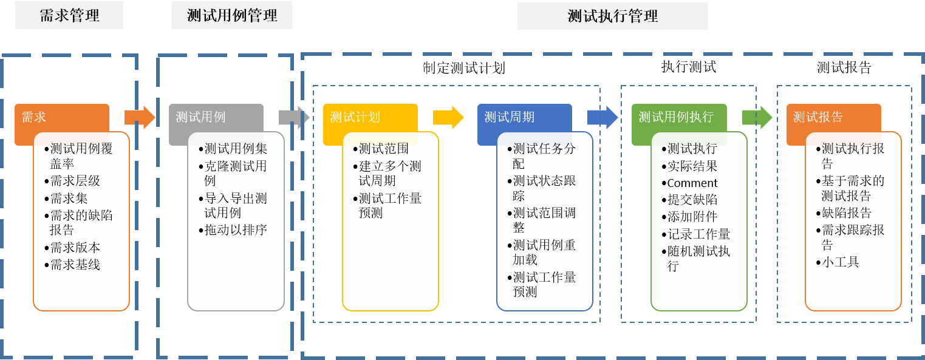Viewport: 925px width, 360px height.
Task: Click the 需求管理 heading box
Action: pyautogui.click(x=69, y=16)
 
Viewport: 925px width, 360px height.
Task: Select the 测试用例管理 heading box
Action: pyautogui.click(x=232, y=16)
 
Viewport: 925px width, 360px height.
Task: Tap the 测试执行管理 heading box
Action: pyautogui.click(x=612, y=16)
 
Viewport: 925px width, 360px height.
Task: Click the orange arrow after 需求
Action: pyautogui.click(x=140, y=117)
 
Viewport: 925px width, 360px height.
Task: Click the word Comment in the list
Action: pyautogui.click(x=692, y=183)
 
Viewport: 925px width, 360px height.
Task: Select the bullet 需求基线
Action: pyautogui.click(x=75, y=265)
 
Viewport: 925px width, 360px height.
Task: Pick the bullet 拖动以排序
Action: pyautogui.click(x=236, y=230)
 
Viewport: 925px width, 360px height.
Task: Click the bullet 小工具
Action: pyautogui.click(x=841, y=263)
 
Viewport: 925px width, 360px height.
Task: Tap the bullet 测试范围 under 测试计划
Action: pyautogui.click(x=384, y=149)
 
